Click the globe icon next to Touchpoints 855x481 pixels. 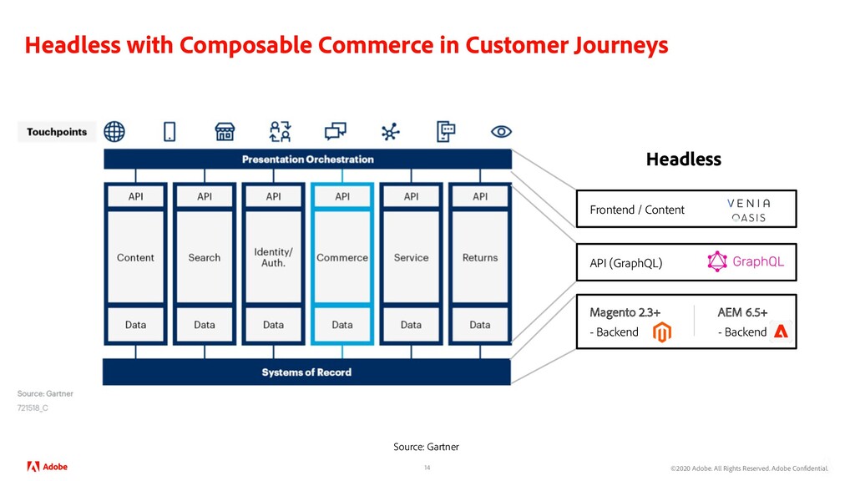pyautogui.click(x=114, y=131)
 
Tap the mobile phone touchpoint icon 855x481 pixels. pyautogui.click(x=169, y=131)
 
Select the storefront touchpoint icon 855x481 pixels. pyautogui.click(x=224, y=131)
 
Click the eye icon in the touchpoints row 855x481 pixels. pyautogui.click(x=501, y=131)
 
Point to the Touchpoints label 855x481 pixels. pyautogui.click(x=57, y=132)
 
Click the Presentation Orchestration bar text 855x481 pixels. pyautogui.click(x=307, y=159)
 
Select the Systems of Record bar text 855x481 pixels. pyautogui.click(x=306, y=372)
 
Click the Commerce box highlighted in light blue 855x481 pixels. pyautogui.click(x=342, y=258)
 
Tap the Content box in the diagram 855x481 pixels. pyautogui.click(x=135, y=258)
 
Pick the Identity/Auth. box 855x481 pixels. pyautogui.click(x=273, y=257)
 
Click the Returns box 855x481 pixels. pyautogui.click(x=480, y=258)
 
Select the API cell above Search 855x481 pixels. pyautogui.click(x=205, y=197)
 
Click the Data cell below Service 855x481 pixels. pyautogui.click(x=411, y=325)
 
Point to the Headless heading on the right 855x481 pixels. pyautogui.click(x=683, y=159)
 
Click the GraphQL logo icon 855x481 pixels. pyautogui.click(x=717, y=262)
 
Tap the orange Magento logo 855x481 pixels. pyautogui.click(x=661, y=332)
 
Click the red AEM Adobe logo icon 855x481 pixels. pyautogui.click(x=781, y=332)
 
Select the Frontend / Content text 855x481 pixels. pyautogui.click(x=637, y=210)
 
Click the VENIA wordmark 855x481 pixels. pyautogui.click(x=748, y=203)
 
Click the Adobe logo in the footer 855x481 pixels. pyautogui.click(x=48, y=466)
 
